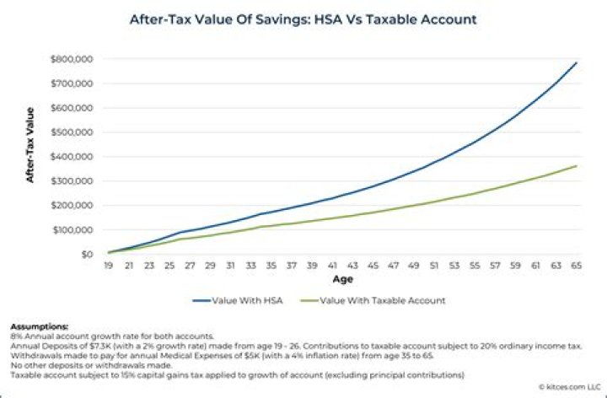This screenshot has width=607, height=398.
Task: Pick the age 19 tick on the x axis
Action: (110, 266)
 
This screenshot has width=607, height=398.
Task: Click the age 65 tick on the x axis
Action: (576, 266)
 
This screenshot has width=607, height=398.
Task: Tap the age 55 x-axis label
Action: (475, 266)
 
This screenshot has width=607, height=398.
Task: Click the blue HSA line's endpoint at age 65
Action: (576, 62)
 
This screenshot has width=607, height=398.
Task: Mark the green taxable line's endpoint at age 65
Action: (576, 165)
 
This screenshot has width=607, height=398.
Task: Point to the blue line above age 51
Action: (433, 161)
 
